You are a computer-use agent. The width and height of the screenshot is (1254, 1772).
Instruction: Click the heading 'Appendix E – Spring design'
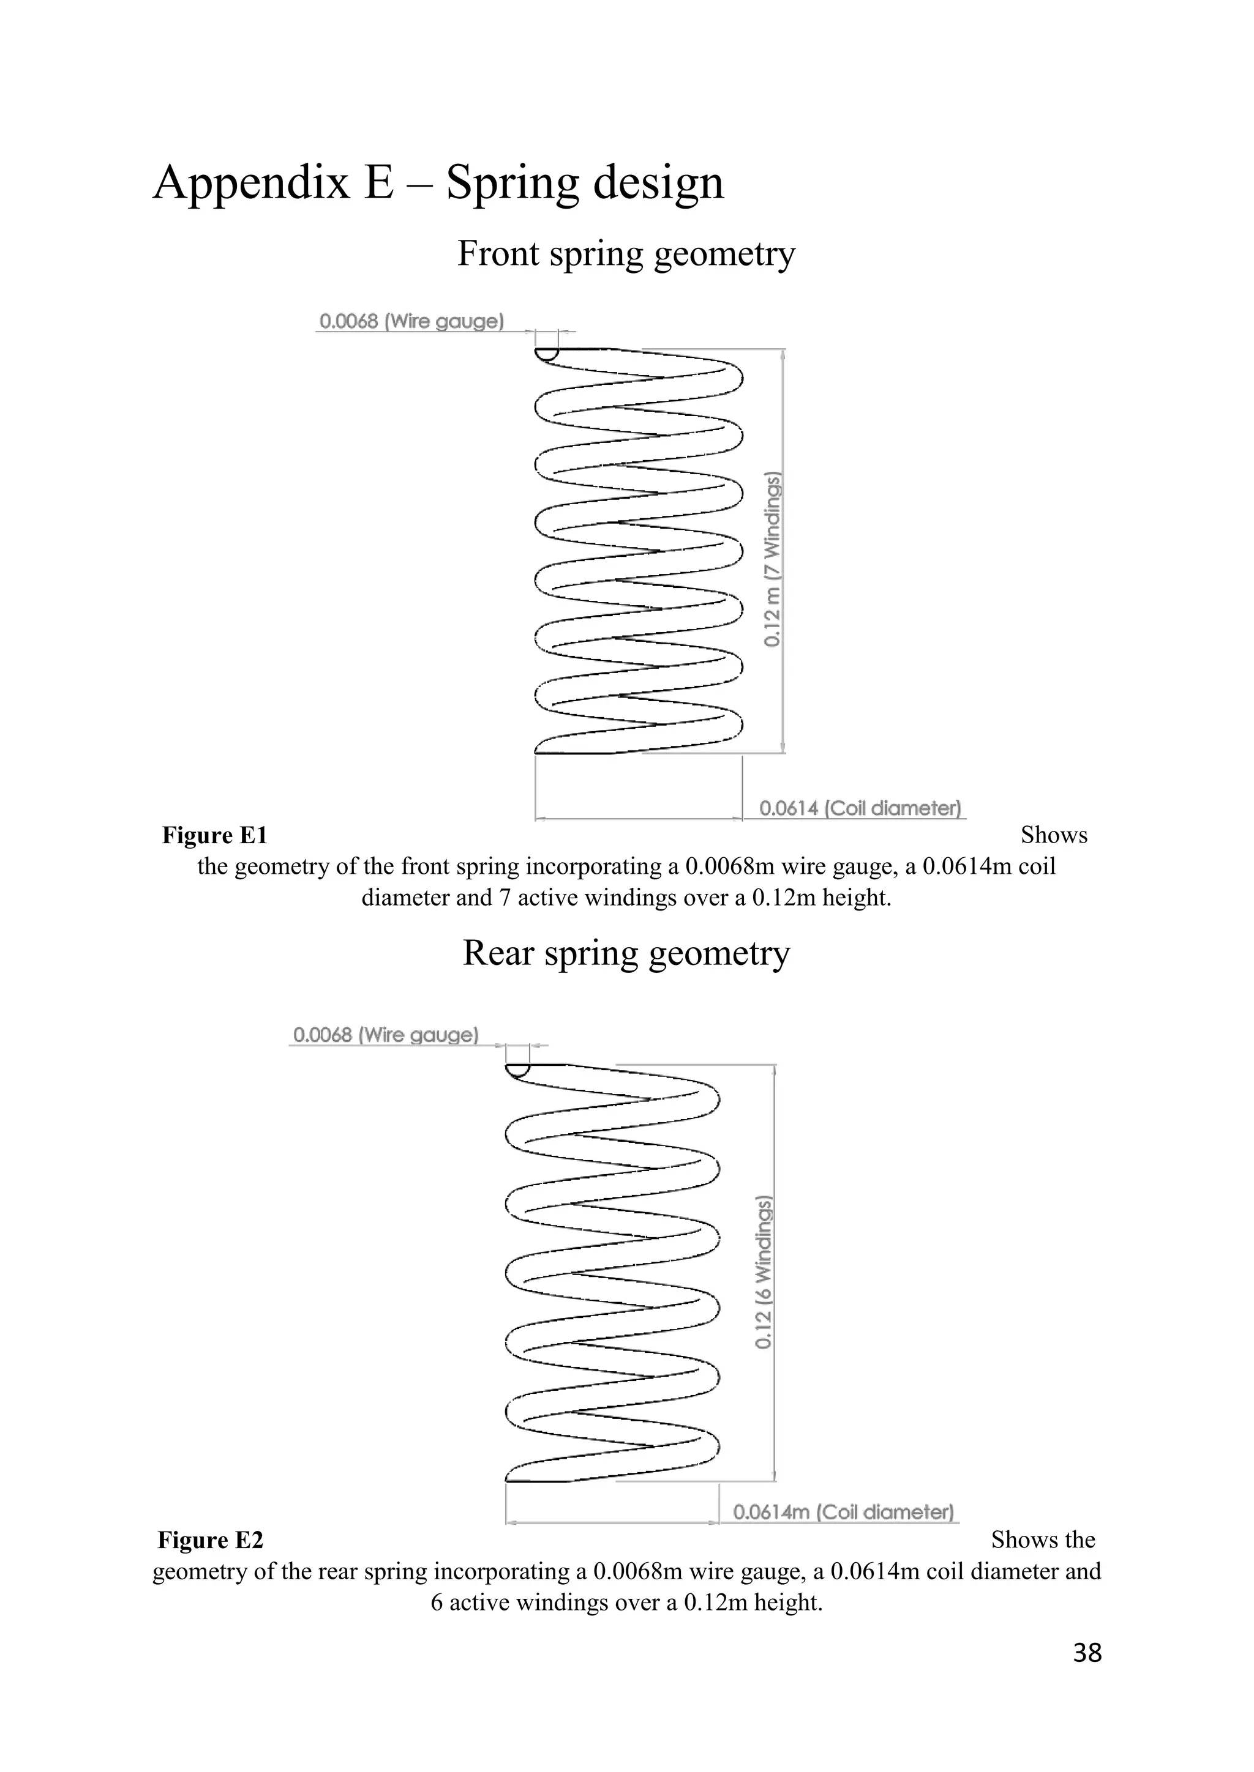pyautogui.click(x=438, y=184)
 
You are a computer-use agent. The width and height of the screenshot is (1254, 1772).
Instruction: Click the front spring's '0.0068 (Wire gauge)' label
pyautogui.click(x=411, y=321)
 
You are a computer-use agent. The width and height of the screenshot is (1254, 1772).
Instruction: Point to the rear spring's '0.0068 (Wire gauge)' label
pyautogui.click(x=385, y=1035)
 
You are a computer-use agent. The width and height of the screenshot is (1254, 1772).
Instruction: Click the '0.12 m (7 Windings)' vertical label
pyautogui.click(x=773, y=559)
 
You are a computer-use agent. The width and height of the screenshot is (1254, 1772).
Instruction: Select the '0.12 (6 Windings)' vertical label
pyautogui.click(x=763, y=1273)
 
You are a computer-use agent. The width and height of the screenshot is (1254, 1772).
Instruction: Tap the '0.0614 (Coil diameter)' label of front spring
pyautogui.click(x=860, y=808)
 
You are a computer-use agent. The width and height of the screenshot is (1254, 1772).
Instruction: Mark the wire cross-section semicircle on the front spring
pyautogui.click(x=547, y=354)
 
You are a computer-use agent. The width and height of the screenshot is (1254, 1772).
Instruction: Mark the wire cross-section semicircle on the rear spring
pyautogui.click(x=517, y=1069)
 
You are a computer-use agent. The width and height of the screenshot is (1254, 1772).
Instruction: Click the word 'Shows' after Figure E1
pyautogui.click(x=1053, y=835)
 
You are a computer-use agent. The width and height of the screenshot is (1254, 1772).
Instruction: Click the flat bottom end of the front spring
pyautogui.click(x=576, y=752)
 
